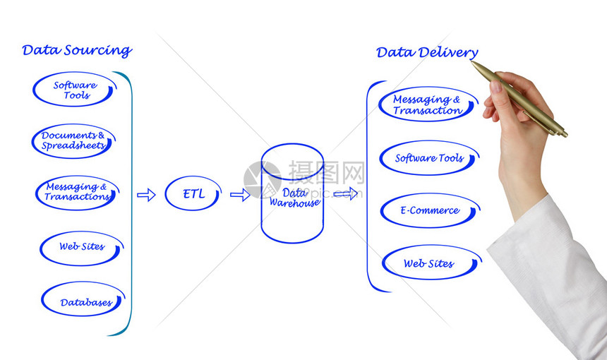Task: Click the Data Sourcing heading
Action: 77,51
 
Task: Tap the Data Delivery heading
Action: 427,52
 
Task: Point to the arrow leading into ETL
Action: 146,195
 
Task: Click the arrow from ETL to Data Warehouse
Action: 240,195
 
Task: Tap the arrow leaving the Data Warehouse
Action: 346,193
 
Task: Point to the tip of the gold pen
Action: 472,61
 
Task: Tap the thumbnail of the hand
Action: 496,86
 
